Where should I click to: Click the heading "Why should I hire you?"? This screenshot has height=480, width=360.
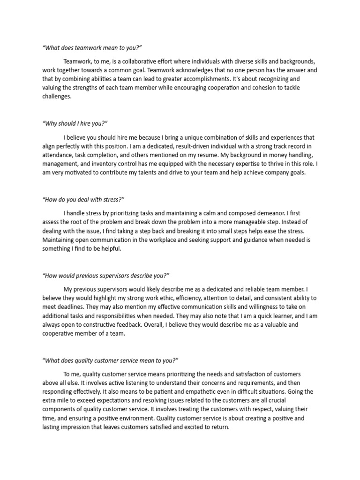(75, 123)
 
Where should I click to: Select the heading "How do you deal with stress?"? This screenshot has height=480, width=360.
(83, 199)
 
